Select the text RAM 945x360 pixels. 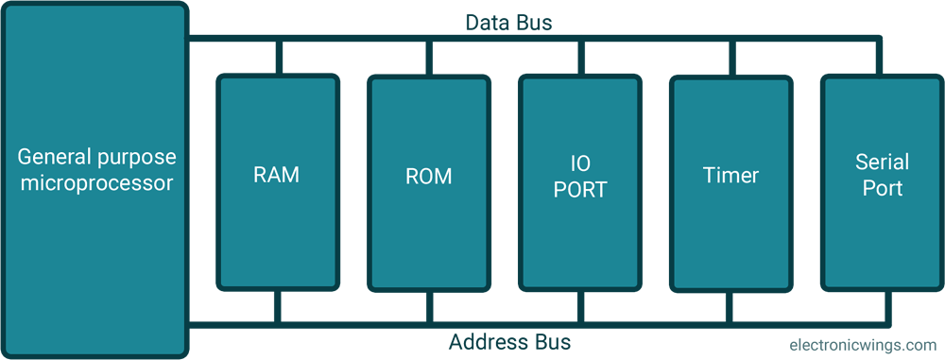pos(277,175)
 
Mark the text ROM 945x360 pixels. pos(429,177)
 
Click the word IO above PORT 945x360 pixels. pos(580,163)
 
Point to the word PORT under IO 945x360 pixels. pos(580,190)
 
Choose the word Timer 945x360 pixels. pos(730,176)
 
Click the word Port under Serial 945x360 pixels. pos(882,188)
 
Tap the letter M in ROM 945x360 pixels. pos(443,177)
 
